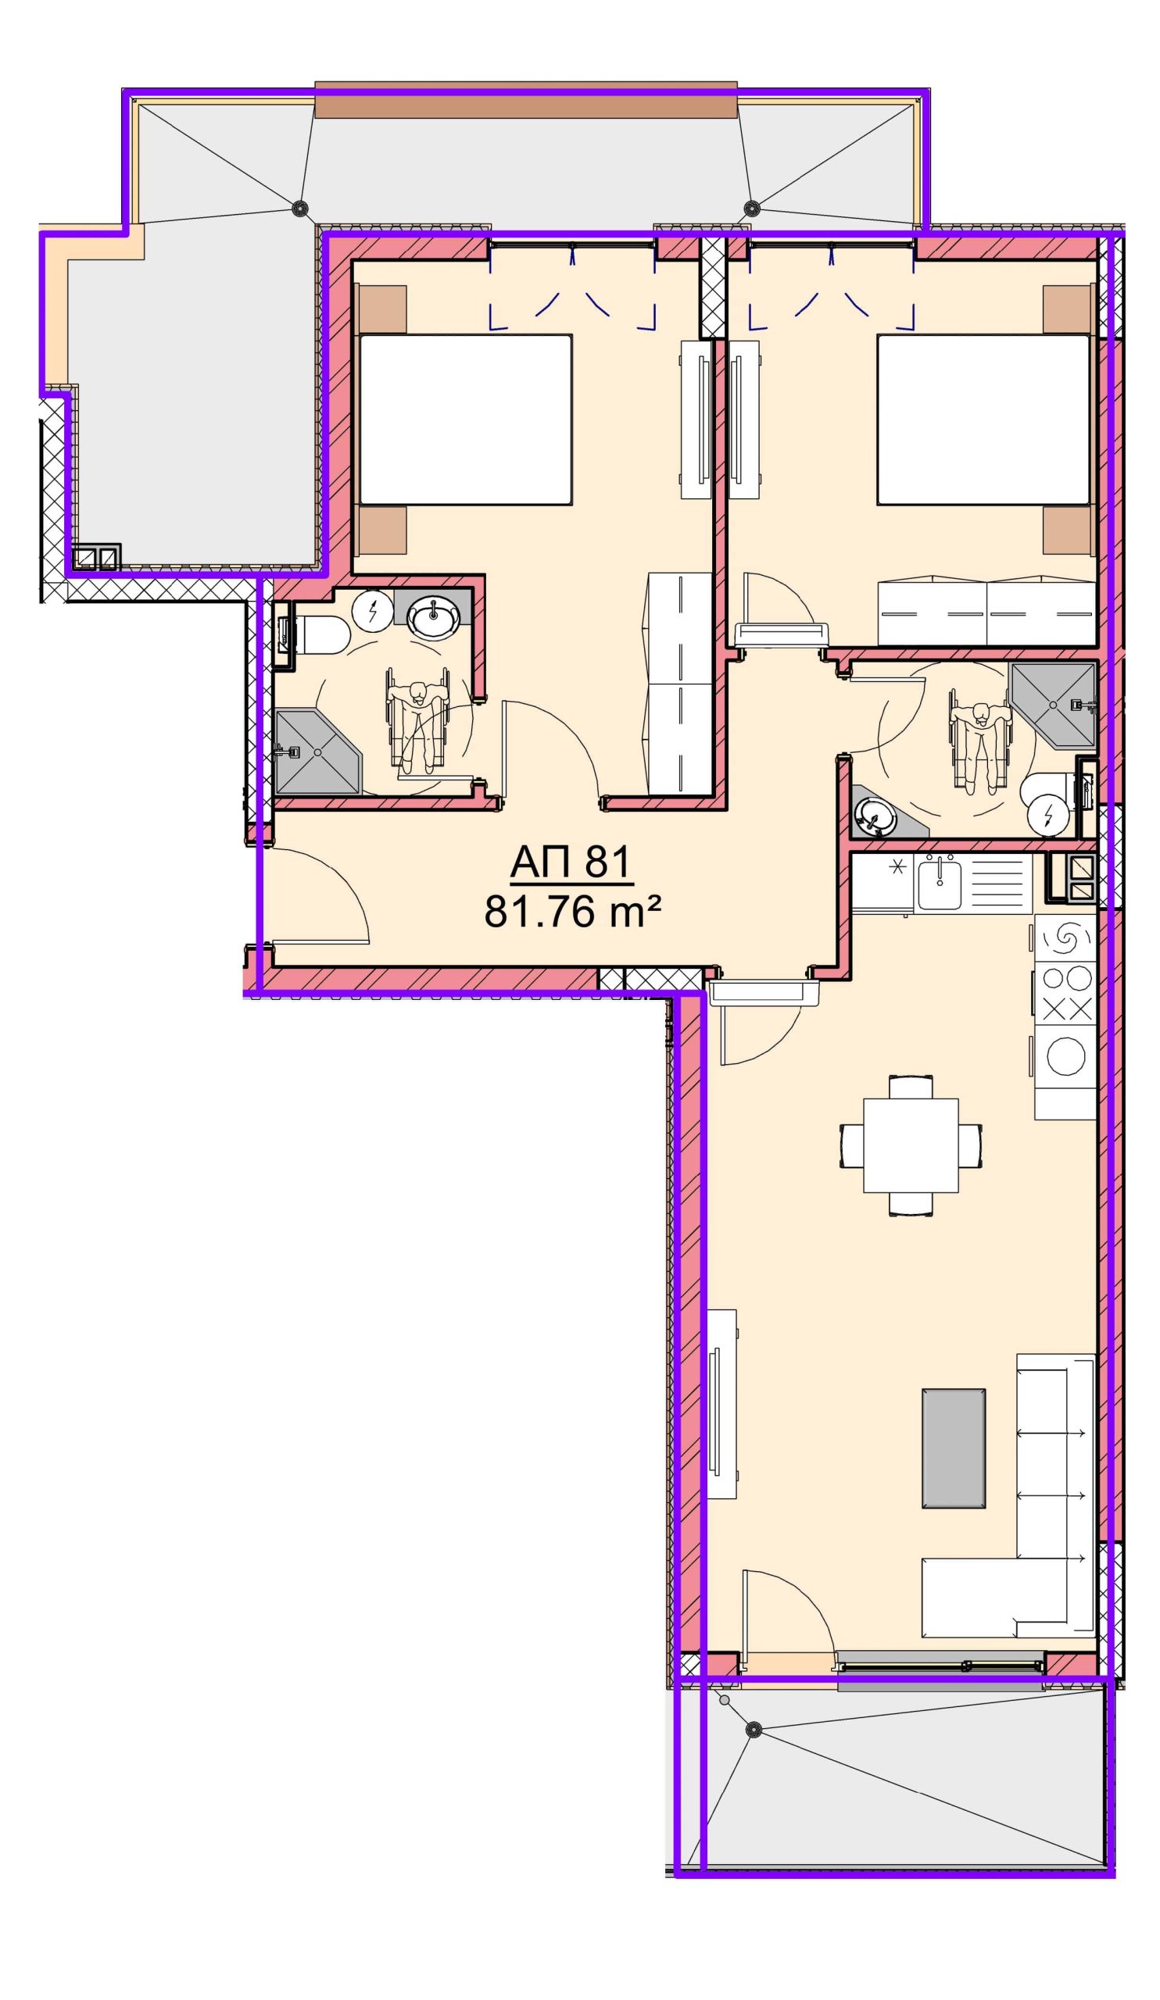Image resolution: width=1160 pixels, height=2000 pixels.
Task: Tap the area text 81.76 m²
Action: (x=572, y=912)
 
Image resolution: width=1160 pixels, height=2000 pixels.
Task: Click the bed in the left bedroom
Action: (x=465, y=419)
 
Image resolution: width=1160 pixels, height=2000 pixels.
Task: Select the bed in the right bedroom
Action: (x=983, y=419)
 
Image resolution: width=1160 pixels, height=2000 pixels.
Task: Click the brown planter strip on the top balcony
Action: (x=525, y=99)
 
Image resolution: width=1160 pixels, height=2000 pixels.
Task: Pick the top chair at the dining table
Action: (x=911, y=1087)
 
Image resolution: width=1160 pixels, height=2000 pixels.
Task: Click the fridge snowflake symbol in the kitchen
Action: (x=898, y=867)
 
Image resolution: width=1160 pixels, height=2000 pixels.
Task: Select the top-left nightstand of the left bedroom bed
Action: (x=383, y=309)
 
